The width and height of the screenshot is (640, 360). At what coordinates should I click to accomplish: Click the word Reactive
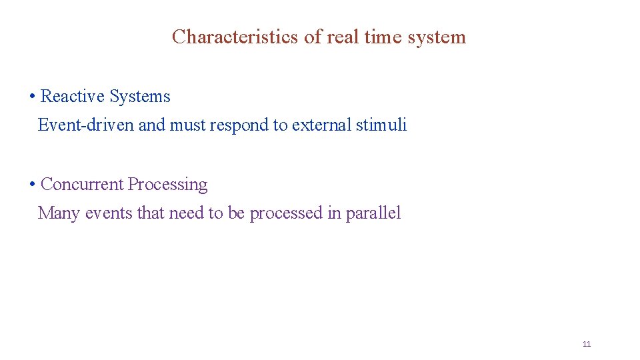coord(73,97)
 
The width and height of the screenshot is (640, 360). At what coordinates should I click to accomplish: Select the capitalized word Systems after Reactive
coord(140,97)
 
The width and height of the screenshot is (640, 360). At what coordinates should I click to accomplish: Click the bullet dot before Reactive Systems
coord(32,97)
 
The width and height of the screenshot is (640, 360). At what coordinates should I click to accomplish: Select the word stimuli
coord(381,125)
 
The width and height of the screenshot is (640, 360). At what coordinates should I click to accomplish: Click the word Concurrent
coord(82,185)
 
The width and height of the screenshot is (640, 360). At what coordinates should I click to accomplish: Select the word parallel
coord(373,214)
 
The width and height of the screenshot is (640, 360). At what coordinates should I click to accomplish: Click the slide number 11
coord(587,344)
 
